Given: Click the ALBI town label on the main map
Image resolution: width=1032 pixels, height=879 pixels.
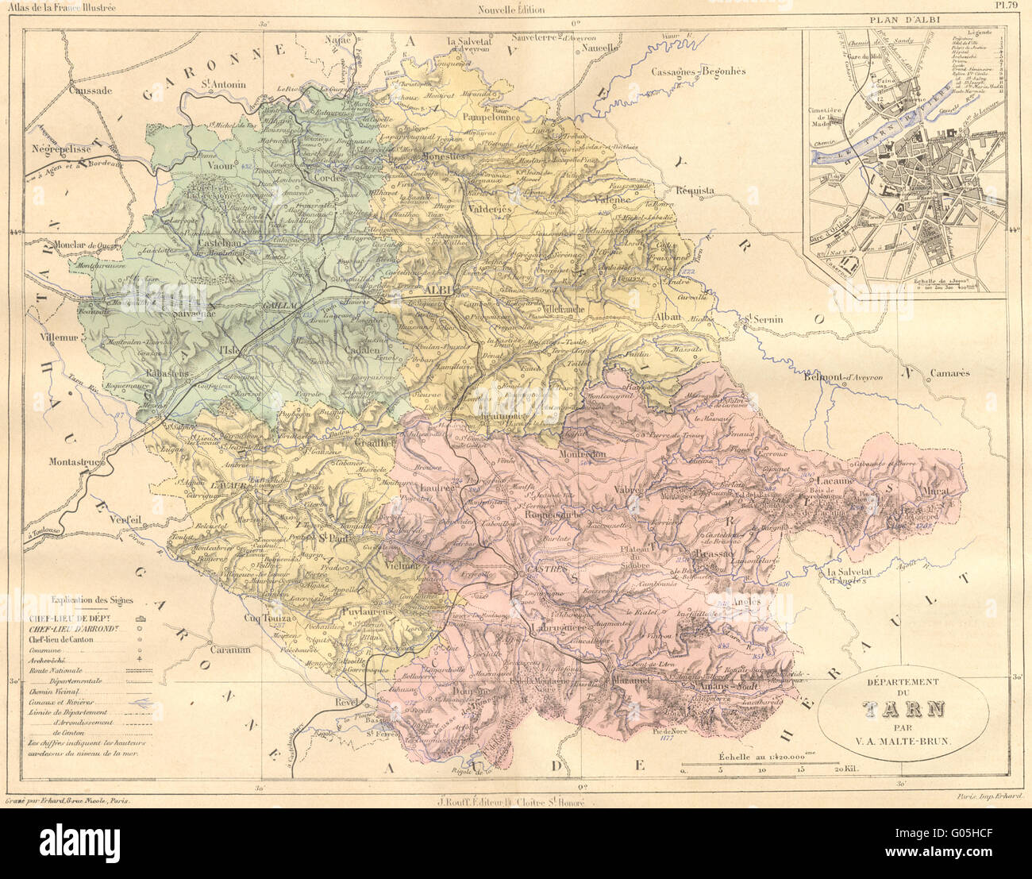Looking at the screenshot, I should pos(438,289).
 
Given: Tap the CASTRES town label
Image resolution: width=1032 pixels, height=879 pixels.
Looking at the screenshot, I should pos(541,570).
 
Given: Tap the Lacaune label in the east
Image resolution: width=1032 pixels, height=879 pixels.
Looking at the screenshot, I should pos(834,480).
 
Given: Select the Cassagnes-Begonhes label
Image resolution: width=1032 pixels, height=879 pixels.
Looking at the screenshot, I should pos(699,71).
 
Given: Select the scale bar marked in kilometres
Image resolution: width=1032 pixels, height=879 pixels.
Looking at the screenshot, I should pos(766,769).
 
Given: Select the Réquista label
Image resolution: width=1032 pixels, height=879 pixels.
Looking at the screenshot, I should pos(695,191).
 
